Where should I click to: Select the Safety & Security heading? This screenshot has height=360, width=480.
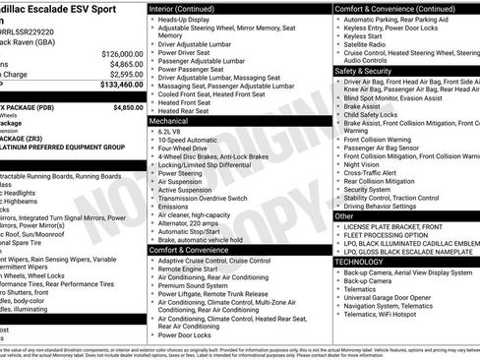coord(369,72)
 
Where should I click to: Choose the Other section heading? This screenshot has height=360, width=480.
coord(344,215)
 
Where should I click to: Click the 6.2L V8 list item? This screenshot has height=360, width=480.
coord(171,131)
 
